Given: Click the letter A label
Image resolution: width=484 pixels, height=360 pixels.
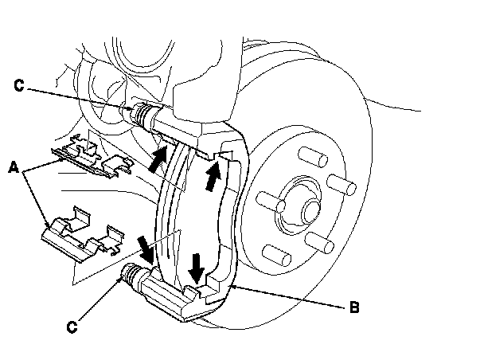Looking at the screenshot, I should tap(14, 167).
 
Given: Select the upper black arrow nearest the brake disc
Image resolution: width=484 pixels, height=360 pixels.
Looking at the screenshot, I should tap(213, 176).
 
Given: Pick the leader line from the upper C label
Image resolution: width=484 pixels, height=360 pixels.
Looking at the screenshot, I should tap(80, 96).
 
